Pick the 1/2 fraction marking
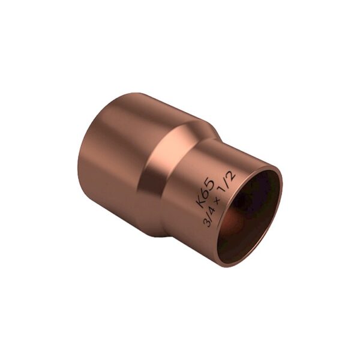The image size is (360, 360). coord(227,183)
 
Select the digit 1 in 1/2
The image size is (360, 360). coord(223,191)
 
